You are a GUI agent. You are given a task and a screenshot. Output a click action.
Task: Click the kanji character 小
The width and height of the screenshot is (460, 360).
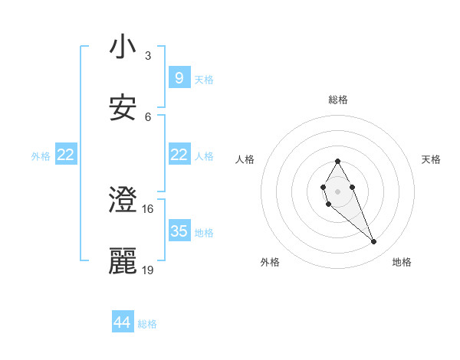pos(123,48)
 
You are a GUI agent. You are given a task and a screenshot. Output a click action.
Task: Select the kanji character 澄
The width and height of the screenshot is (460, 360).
pos(123,201)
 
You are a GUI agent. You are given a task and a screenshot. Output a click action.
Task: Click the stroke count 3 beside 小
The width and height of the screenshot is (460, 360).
pos(148,56)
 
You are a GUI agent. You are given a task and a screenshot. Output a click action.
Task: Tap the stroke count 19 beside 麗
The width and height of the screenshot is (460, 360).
pos(148,270)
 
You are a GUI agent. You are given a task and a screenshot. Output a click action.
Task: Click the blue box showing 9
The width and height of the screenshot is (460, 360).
pos(179,77)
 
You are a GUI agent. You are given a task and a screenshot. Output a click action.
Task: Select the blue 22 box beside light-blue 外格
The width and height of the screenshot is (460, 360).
pos(65,155)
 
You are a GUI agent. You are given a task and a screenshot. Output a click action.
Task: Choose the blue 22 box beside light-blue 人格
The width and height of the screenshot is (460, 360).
pos(179,155)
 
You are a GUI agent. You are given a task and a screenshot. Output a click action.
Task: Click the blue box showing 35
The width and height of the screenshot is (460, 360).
pos(179,231)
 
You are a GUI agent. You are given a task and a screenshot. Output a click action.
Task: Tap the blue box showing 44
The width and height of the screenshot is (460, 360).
pos(122,323)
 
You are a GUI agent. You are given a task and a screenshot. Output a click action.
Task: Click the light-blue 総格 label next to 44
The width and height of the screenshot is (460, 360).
pos(147,324)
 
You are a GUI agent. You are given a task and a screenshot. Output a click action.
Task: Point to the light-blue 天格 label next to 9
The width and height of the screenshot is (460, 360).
pos(204,79)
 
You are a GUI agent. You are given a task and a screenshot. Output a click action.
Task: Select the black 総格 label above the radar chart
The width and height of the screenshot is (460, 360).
pos(338,100)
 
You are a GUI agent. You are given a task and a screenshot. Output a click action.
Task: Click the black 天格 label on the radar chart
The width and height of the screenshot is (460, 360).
pos(432,159)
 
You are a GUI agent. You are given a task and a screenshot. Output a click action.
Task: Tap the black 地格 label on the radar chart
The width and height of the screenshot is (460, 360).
pos(402,263)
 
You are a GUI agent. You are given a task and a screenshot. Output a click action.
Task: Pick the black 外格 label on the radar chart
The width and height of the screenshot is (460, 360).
pos(270,263)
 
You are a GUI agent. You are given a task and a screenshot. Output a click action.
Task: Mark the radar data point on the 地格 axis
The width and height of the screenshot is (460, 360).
pos(374,242)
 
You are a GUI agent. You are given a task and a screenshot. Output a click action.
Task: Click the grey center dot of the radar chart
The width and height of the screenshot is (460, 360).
pos(337,190)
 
